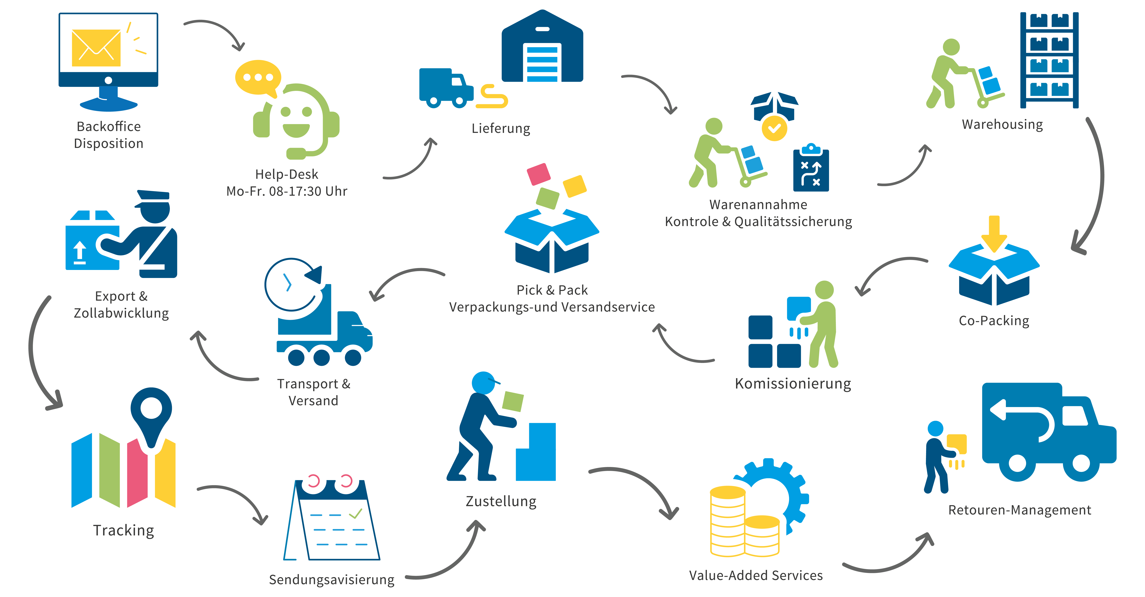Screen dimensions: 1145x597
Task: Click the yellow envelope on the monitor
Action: click(x=96, y=48)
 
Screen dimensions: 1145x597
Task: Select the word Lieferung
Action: click(x=501, y=128)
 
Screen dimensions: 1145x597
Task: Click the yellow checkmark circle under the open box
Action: click(x=774, y=128)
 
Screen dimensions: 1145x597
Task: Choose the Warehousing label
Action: click(x=1002, y=124)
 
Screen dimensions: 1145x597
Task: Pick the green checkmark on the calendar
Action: click(x=356, y=514)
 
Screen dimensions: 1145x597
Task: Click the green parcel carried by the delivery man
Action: click(x=513, y=402)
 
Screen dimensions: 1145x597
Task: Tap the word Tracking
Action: click(x=124, y=530)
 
